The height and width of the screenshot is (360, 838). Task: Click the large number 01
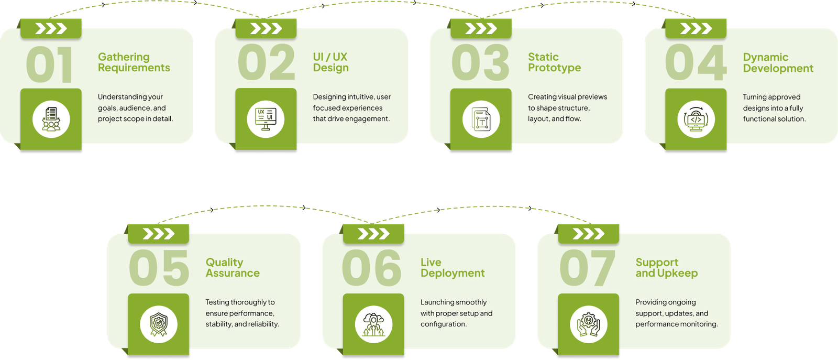[x=49, y=64]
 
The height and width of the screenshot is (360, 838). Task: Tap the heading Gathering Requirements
[x=134, y=62]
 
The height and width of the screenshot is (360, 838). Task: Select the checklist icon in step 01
[x=51, y=119]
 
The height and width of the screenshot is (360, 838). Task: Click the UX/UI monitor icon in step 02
[x=266, y=119]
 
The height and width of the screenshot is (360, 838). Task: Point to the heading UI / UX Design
[x=330, y=62]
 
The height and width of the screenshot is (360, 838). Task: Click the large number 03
[x=480, y=63]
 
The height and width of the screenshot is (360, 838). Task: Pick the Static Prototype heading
[x=554, y=62]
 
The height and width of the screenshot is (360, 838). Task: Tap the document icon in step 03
[x=481, y=119]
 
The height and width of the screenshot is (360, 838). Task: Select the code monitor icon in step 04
[x=696, y=119]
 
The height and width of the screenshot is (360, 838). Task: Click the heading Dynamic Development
[x=778, y=63]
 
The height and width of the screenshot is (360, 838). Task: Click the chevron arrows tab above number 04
[x=696, y=28]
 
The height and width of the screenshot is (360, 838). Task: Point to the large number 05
[x=159, y=268]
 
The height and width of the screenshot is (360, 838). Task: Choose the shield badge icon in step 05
[x=159, y=324]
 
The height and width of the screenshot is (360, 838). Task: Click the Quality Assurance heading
[x=233, y=268]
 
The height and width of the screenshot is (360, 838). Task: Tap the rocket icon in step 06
[x=373, y=324]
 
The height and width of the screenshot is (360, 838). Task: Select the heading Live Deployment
[x=453, y=268]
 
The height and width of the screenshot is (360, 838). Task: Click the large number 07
[x=587, y=268]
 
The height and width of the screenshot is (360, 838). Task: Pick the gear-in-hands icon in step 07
[x=589, y=324]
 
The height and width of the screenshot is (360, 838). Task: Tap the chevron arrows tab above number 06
[x=373, y=234]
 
